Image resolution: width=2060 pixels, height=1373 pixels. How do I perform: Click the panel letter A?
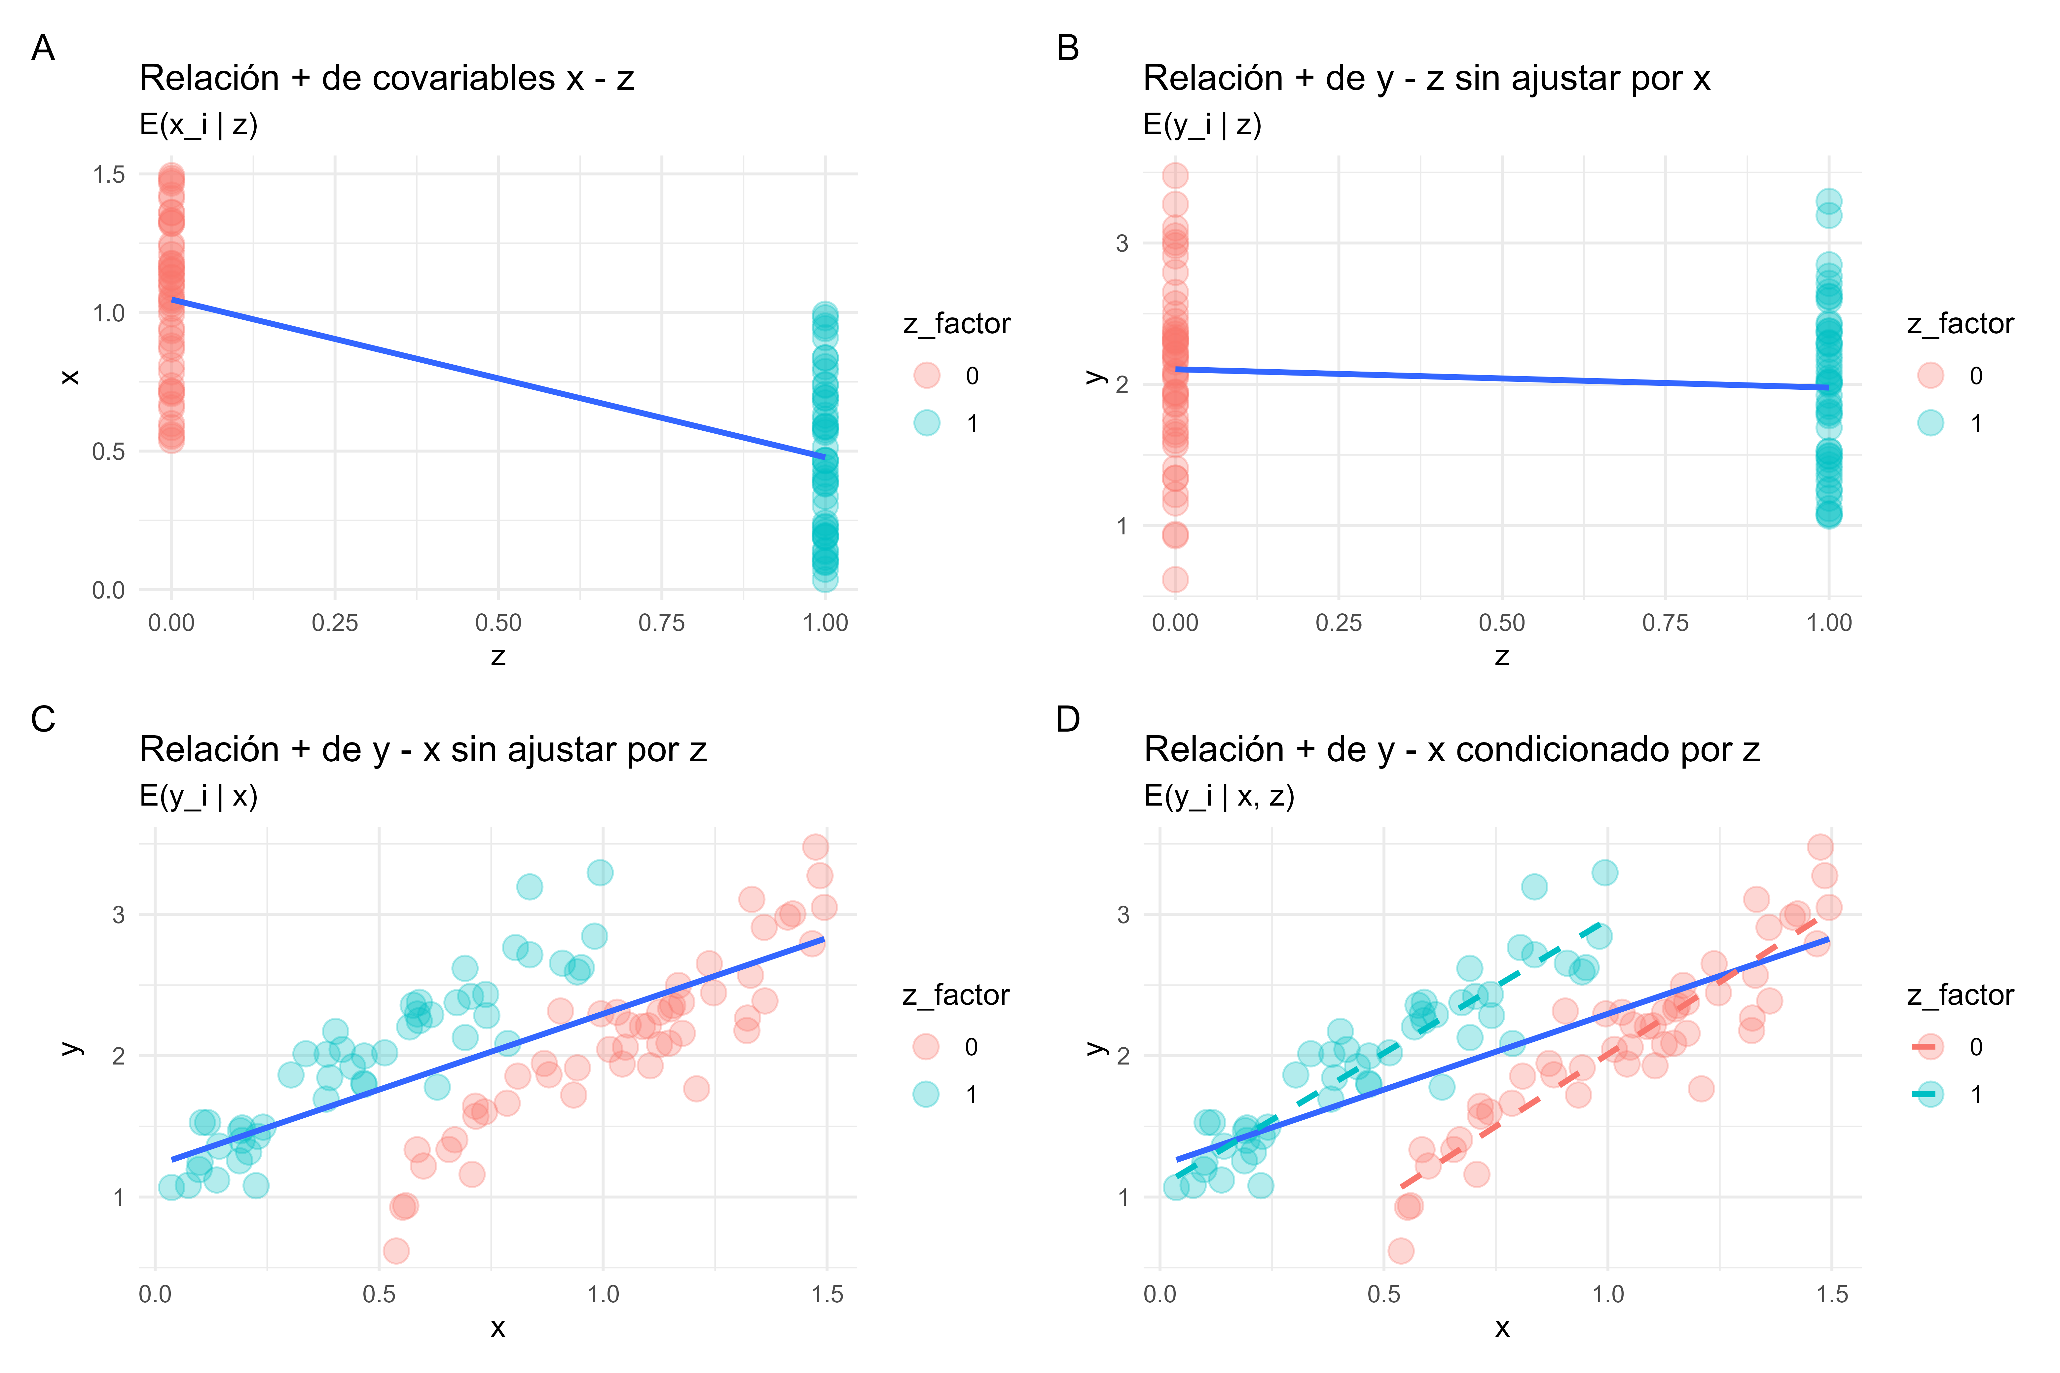(43, 48)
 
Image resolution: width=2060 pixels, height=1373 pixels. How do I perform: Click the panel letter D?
(1068, 720)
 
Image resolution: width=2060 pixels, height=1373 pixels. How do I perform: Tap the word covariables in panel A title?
(438, 79)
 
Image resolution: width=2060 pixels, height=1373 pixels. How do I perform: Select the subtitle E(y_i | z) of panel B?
(1202, 125)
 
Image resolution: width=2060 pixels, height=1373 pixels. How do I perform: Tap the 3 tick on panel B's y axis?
(1122, 243)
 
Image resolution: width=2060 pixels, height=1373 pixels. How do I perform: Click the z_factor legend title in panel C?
(956, 995)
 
